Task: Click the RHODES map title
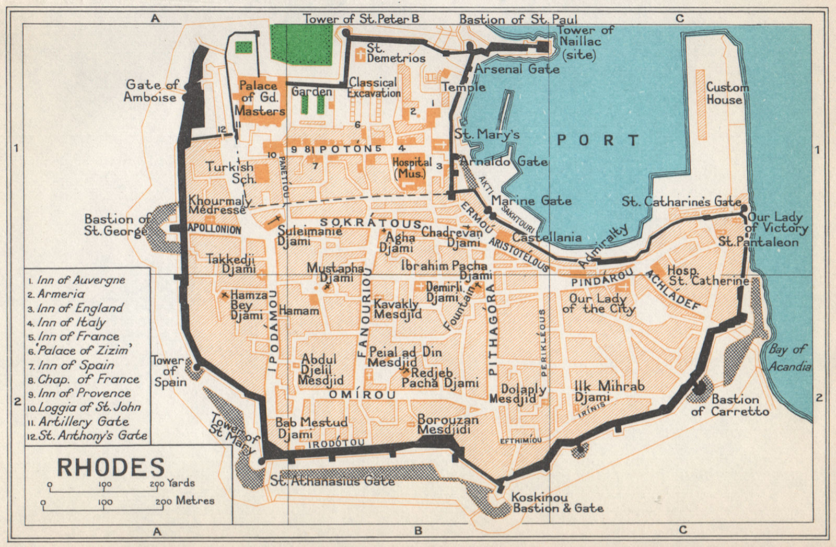pyautogui.click(x=111, y=467)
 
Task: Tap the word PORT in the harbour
pyautogui.click(x=597, y=140)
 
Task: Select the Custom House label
pyautogui.click(x=727, y=94)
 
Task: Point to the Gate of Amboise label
pyautogui.click(x=152, y=90)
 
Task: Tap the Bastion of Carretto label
pyautogui.click(x=730, y=405)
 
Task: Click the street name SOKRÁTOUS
pyautogui.click(x=370, y=223)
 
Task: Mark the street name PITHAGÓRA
pyautogui.click(x=492, y=334)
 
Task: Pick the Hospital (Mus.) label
pyautogui.click(x=412, y=168)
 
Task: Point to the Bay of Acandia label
pyautogui.click(x=789, y=357)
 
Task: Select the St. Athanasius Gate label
pyautogui.click(x=332, y=481)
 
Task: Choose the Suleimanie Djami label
pyautogui.click(x=309, y=236)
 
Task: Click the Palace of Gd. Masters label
pyautogui.click(x=260, y=98)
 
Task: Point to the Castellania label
pyautogui.click(x=546, y=237)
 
